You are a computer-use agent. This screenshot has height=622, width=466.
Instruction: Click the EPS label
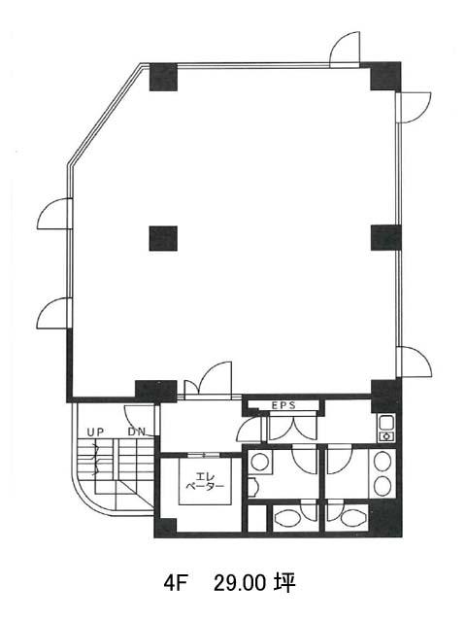point(283,405)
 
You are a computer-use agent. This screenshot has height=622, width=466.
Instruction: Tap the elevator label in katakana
point(205,481)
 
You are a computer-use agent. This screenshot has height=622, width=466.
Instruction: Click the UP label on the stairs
point(95,432)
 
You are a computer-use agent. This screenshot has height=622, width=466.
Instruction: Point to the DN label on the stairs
point(137,432)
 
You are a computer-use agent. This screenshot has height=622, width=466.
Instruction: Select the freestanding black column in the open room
point(163,238)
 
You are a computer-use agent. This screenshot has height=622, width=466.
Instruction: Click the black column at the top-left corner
point(163,77)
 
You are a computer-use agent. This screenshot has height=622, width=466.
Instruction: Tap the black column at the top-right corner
point(385,76)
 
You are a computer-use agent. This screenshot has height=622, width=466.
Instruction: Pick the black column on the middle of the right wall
point(386,237)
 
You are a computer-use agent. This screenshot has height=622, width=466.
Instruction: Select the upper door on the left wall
point(54,214)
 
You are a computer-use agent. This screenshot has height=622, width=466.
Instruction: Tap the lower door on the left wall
point(54,313)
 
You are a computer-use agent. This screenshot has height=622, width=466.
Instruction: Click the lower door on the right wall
point(415,362)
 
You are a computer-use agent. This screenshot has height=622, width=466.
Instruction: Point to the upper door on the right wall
point(414,107)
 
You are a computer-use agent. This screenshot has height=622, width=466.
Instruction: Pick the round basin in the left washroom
point(260,463)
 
